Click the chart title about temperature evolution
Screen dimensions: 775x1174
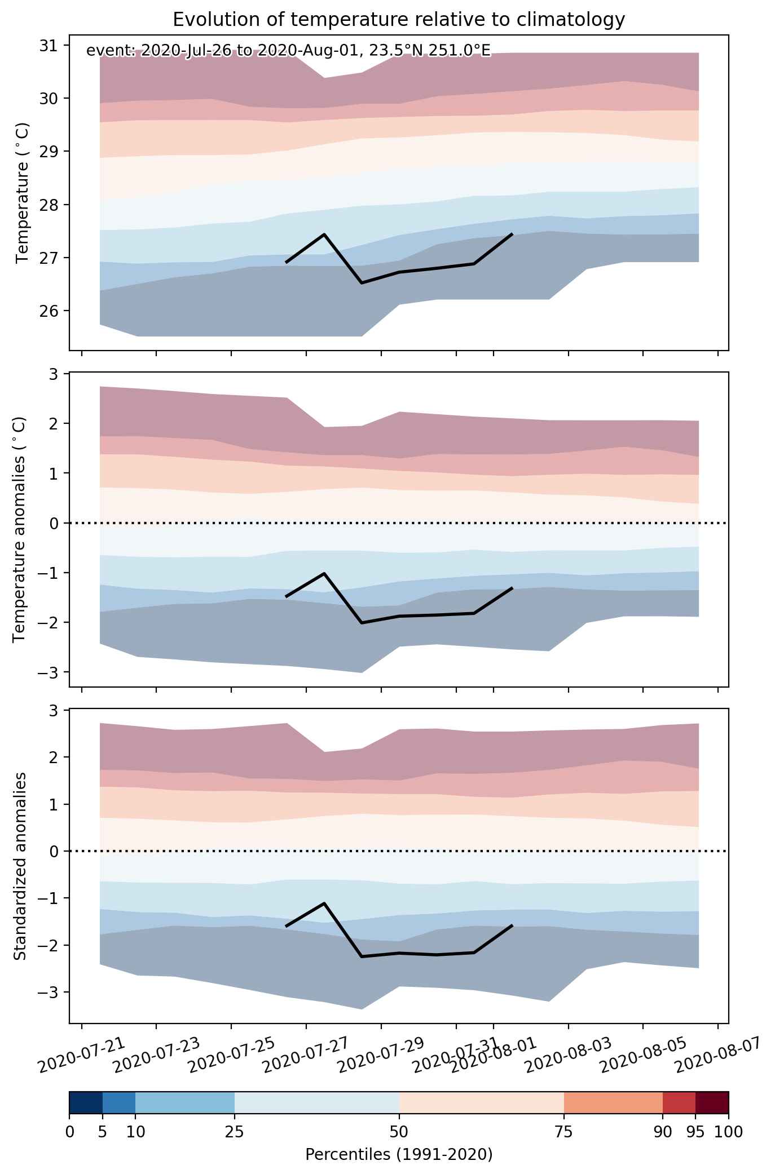pos(399,19)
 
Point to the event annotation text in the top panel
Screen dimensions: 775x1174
pos(288,51)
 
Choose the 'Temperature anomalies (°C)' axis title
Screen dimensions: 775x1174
pos(20,529)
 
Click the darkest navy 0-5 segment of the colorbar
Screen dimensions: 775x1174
pos(86,1102)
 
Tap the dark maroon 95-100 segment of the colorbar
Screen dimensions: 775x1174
pos(712,1102)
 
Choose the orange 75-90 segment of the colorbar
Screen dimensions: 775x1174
pos(613,1102)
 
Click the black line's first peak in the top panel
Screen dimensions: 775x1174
pos(324,234)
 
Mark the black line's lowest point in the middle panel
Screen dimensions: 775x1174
pos(362,623)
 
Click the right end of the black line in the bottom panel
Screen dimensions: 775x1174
pos(512,925)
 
